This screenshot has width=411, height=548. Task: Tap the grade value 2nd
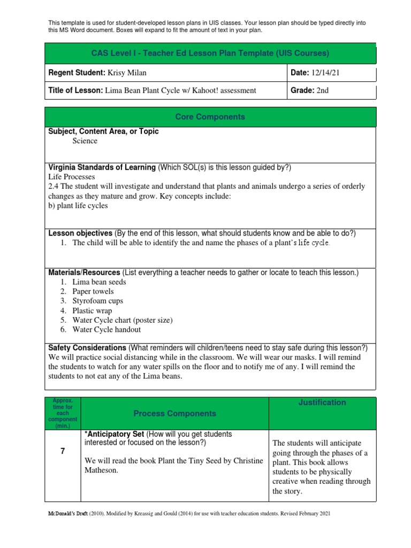(x=322, y=90)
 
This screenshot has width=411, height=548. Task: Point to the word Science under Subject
(x=85, y=141)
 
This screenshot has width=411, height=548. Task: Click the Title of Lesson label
(x=74, y=90)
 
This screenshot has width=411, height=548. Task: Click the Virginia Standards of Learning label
(x=102, y=168)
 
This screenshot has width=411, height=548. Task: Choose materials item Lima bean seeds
(x=99, y=282)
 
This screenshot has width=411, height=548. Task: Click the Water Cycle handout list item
(x=106, y=330)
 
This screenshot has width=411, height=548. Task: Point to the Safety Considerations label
(x=87, y=348)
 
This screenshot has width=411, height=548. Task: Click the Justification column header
(x=322, y=402)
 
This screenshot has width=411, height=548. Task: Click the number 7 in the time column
(x=63, y=452)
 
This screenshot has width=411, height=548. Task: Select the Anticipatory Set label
(x=113, y=434)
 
